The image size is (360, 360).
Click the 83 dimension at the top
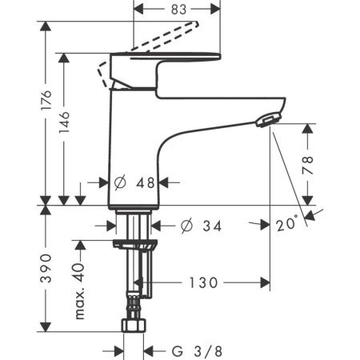click(x=178, y=10)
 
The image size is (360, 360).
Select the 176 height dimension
click(x=46, y=100)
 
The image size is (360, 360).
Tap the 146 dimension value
click(x=64, y=122)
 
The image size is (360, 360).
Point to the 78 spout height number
click(x=308, y=165)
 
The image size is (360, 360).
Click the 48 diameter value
click(x=146, y=183)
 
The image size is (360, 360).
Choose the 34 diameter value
click(x=212, y=226)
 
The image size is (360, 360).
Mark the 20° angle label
click(x=286, y=223)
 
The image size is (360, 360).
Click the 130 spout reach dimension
click(x=203, y=282)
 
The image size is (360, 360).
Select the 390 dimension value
click(x=46, y=268)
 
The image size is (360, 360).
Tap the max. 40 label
click(x=80, y=291)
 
